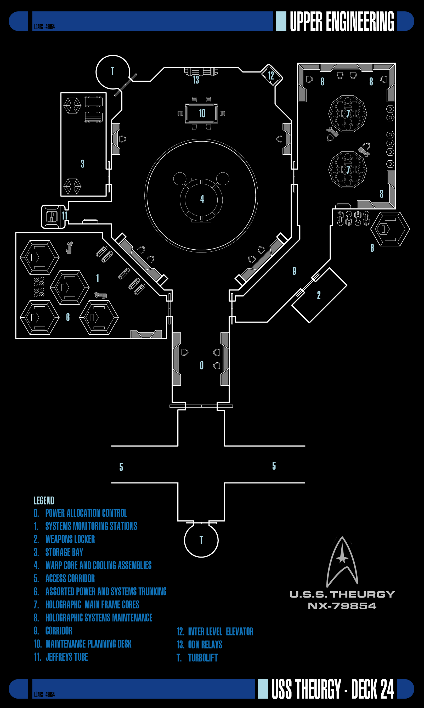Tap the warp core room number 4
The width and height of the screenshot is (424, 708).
(202, 199)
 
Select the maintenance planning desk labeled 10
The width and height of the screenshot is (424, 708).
(201, 114)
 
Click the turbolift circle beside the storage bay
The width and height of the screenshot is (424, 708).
(112, 72)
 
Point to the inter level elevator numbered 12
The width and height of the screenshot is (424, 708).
(272, 75)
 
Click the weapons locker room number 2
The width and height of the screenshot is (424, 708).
(319, 295)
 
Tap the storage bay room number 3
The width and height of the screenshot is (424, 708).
(83, 164)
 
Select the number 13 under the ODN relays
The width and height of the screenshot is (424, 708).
(196, 80)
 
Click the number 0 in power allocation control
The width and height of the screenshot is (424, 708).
(202, 366)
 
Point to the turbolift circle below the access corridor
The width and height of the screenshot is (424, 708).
(201, 540)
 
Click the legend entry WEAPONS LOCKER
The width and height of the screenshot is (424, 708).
(70, 539)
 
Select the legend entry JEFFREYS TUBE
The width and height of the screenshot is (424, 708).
(67, 657)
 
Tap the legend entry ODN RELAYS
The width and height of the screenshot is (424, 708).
(205, 645)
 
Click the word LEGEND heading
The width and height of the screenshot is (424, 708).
(44, 501)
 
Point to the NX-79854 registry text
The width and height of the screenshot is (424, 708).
(342, 606)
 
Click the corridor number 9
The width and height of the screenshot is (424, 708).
(294, 271)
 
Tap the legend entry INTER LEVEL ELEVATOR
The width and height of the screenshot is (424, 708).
(221, 631)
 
